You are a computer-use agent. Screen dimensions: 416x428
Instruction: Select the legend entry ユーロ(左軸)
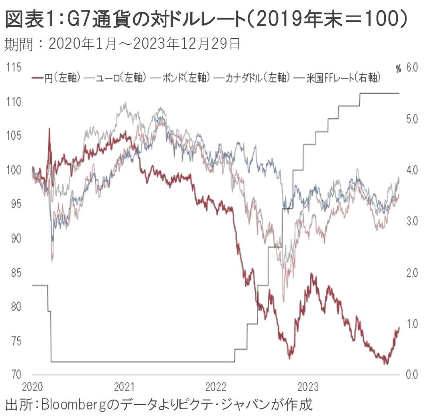tap(120, 78)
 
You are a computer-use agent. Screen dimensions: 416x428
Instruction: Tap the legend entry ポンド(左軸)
tap(186, 78)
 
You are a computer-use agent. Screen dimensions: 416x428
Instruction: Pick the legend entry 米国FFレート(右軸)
tap(343, 78)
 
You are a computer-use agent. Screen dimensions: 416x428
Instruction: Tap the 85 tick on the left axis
tap(15, 273)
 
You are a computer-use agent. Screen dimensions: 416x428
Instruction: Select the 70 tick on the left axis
tap(15, 375)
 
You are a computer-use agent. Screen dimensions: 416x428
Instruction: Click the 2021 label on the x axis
tap(124, 386)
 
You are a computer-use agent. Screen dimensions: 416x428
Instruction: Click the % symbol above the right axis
tap(398, 69)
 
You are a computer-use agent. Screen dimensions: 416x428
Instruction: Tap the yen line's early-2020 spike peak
tap(49, 128)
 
